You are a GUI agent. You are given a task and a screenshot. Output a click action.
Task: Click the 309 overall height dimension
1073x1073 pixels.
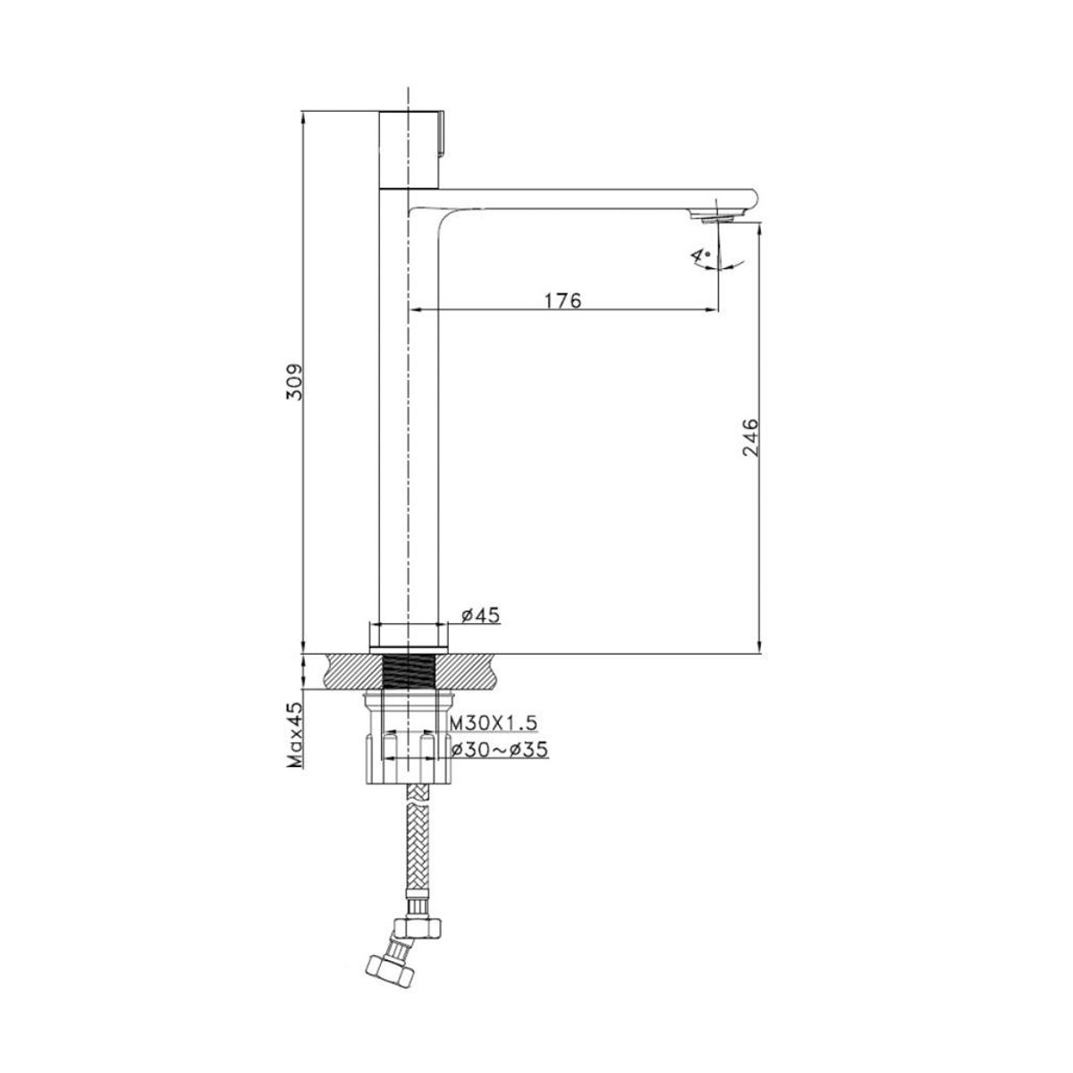point(294,382)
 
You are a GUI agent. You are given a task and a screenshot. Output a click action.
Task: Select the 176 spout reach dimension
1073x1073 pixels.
point(562,300)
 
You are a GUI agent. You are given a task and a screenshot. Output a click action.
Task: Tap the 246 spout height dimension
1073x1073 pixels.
point(750,437)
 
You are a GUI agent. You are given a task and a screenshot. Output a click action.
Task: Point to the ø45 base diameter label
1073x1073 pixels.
point(481,615)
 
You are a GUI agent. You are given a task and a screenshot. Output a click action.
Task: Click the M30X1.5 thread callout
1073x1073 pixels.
point(494,722)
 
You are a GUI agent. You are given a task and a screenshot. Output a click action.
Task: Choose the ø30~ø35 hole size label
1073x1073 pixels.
point(500,750)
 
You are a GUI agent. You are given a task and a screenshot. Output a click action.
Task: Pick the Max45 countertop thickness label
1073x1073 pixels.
point(294,734)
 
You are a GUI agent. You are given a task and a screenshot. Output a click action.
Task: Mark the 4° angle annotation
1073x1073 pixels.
point(700,258)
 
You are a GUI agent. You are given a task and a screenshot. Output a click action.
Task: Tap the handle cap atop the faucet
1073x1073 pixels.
point(409,149)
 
